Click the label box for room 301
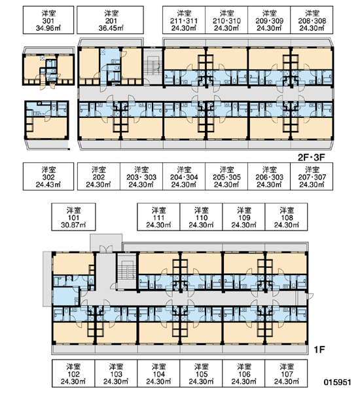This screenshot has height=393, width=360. point(48,20)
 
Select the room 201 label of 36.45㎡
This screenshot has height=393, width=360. point(110,20)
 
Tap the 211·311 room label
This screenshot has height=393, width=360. point(184,20)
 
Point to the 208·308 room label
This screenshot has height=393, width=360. point(312,20)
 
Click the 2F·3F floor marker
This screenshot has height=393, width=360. point(312,157)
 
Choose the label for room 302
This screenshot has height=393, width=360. point(48,176)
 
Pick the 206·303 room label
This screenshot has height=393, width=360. point(269,176)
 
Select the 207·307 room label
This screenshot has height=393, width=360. point(312,176)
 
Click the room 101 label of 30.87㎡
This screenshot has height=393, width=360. point(73,217)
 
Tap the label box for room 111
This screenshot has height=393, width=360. point(158,217)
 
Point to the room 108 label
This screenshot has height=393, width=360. point(286,217)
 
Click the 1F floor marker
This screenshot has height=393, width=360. point(319,349)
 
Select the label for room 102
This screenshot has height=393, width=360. point(73,373)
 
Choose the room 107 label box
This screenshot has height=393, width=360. point(286,373)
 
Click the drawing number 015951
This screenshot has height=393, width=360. point(338,383)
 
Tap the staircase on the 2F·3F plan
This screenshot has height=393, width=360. point(153,65)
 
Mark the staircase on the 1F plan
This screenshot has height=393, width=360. point(127,271)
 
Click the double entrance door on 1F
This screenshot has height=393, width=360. point(106,249)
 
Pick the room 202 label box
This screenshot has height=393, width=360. point(99,176)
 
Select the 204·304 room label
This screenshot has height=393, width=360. point(184,176)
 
